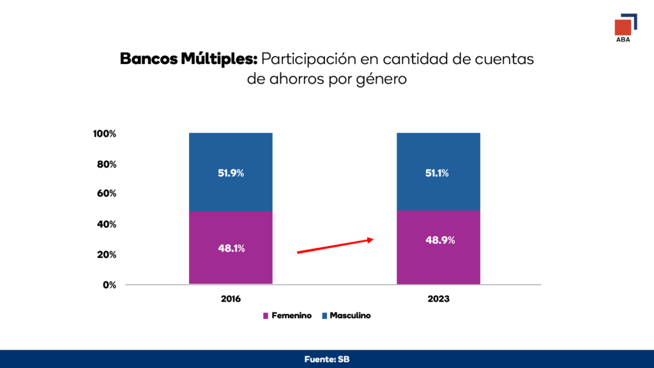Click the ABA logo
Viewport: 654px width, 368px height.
tap(626, 28)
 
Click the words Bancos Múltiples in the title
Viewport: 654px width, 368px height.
tap(188, 59)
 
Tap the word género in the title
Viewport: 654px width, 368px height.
tap(382, 79)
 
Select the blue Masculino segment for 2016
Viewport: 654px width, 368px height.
tap(231, 172)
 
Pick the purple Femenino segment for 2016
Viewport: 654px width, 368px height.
tap(231, 247)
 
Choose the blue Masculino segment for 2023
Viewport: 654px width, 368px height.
tap(438, 171)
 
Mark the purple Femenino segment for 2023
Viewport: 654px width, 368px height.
tap(438, 247)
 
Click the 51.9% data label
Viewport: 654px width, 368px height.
tap(231, 173)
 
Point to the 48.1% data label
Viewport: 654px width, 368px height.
tap(231, 249)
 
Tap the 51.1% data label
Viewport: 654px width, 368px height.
tap(437, 173)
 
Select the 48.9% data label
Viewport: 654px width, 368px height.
tap(440, 240)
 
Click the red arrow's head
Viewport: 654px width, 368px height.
tap(370, 240)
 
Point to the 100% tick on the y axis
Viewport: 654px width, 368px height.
tap(104, 134)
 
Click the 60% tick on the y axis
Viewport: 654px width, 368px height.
tap(107, 194)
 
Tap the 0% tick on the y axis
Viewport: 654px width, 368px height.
tap(109, 285)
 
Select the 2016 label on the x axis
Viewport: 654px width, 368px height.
tap(231, 299)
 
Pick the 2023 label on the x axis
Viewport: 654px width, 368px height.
tap(438, 299)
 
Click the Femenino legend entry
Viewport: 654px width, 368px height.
tap(287, 316)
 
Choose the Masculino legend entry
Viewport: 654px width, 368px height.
tap(346, 316)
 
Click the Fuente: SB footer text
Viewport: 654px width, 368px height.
tap(327, 359)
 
